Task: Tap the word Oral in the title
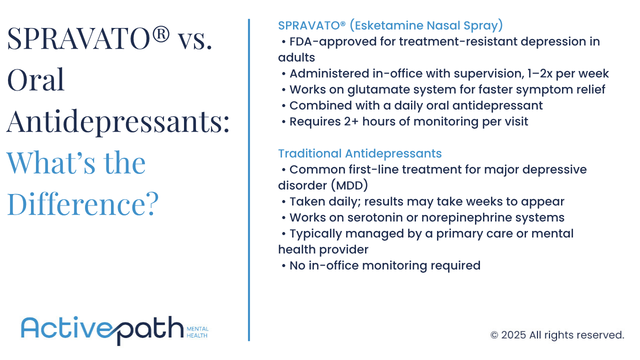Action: (x=36, y=80)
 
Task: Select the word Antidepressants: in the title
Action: (x=118, y=121)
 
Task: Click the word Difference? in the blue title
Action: (x=83, y=203)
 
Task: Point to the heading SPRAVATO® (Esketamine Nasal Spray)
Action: (x=390, y=25)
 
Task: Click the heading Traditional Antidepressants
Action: (x=360, y=153)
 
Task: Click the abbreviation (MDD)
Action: (x=348, y=186)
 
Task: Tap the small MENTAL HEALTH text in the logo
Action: (x=197, y=332)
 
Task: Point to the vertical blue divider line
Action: (x=248, y=180)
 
